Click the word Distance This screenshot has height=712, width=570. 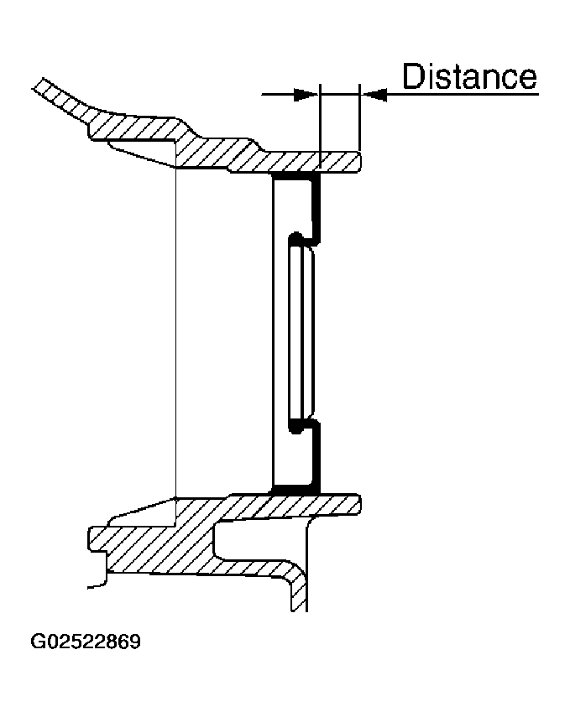469,76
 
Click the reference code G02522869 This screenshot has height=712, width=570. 86,642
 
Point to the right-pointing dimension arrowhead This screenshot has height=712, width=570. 306,95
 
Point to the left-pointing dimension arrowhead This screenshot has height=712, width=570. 374,95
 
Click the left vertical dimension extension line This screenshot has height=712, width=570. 320,127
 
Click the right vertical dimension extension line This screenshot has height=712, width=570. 359,117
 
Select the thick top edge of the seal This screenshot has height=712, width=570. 295,174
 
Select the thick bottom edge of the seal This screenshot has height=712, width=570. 295,490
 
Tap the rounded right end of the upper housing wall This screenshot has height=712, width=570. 359,162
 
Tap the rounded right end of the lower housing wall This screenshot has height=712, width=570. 359,504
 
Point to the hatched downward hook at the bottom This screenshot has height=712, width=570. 298,590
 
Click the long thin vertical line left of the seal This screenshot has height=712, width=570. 175,332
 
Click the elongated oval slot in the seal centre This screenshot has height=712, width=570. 301,332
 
